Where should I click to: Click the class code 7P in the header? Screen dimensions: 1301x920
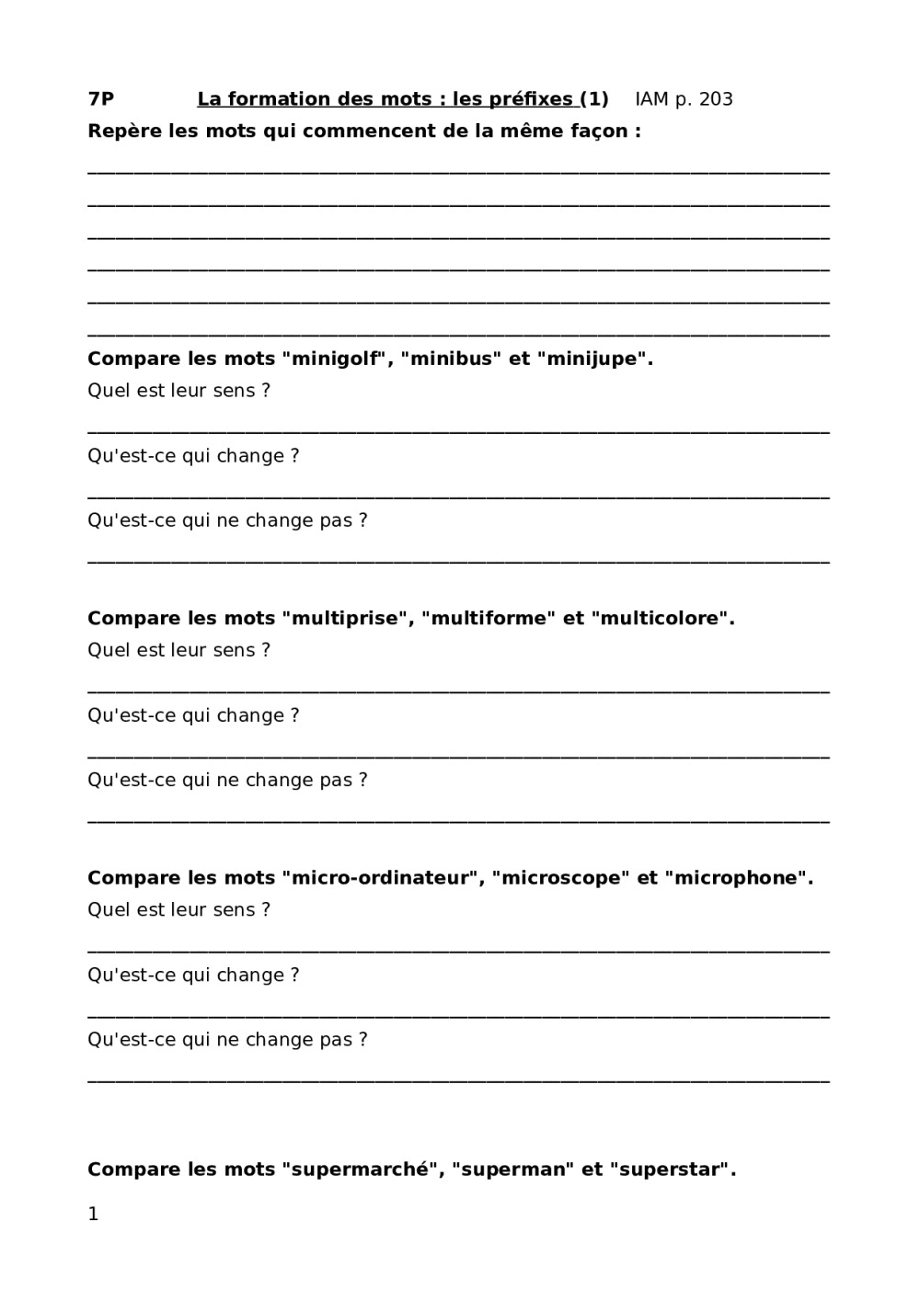tap(100, 99)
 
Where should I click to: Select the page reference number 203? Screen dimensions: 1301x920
tap(716, 99)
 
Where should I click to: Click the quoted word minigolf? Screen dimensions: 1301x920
tap(336, 359)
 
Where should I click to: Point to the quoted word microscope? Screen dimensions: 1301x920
tap(557, 878)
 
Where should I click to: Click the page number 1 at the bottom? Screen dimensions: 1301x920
tap(93, 1215)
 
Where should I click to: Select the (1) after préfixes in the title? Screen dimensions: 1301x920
tap(594, 99)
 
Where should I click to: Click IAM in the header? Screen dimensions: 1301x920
tap(652, 99)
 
